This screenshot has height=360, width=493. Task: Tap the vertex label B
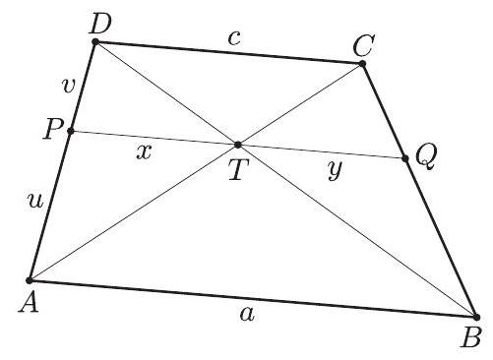click(471, 338)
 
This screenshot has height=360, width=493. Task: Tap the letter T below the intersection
click(237, 170)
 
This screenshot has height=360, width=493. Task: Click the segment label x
click(145, 152)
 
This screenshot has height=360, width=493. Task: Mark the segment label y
click(336, 169)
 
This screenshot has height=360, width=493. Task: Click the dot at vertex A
click(31, 280)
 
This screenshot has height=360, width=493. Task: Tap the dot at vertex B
click(476, 317)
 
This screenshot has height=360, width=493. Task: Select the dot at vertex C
click(362, 64)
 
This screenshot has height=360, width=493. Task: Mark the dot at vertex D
click(94, 41)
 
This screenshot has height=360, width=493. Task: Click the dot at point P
click(71, 131)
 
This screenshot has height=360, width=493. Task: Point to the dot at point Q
click(404, 157)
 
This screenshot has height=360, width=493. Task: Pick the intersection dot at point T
click(237, 145)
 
